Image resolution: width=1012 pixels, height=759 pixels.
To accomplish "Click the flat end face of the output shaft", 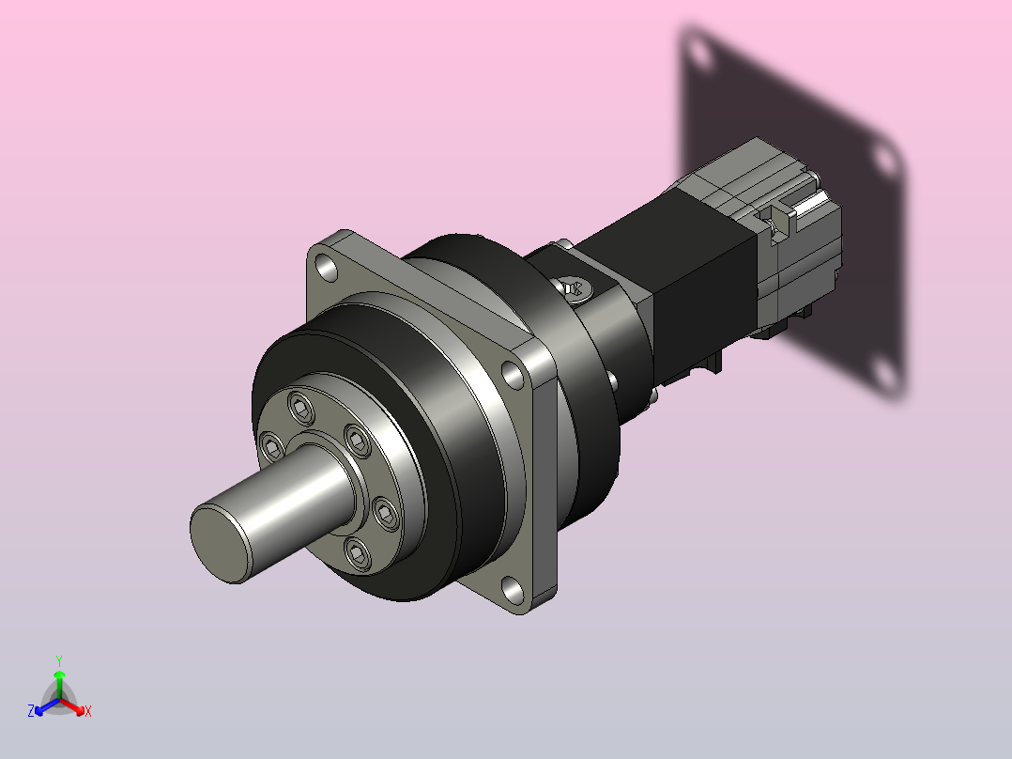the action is pos(220,544).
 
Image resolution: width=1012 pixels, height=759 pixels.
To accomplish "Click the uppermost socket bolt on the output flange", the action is pos(300,408).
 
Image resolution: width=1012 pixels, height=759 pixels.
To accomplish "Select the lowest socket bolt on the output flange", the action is pos(359,554).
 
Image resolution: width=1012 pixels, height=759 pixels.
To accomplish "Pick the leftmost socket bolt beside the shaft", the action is pos(271,446).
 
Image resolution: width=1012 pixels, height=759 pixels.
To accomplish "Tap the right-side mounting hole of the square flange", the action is pos(514,376).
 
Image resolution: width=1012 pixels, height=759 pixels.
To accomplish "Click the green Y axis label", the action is pos(59,660).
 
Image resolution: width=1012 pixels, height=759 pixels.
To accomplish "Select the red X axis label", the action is pos(88,711).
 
